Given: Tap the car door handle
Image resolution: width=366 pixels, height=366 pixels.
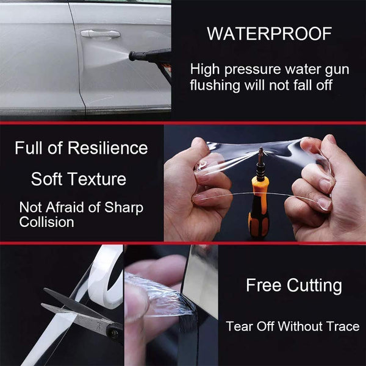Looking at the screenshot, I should pyautogui.click(x=100, y=34).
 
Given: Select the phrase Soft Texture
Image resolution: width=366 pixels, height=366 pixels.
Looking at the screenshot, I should pyautogui.click(x=79, y=179).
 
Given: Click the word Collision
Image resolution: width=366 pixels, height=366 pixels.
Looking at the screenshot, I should pyautogui.click(x=46, y=222).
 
